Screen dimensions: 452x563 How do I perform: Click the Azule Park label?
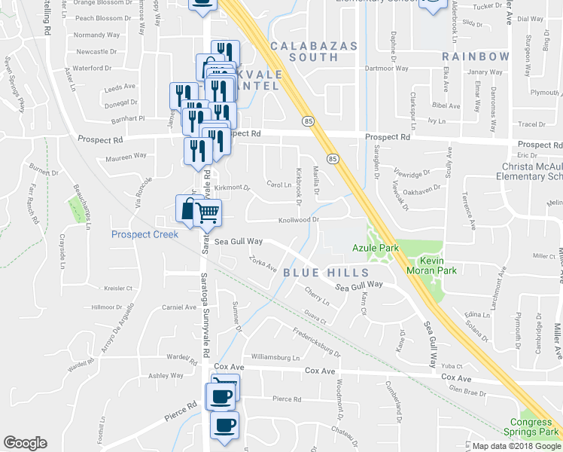373,247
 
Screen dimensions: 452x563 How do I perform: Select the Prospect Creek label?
145,234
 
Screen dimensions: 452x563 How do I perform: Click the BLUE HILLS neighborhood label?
326,272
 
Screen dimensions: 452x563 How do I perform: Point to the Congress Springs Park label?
531,427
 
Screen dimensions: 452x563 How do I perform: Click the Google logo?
25,443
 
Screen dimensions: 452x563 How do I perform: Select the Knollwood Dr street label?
301,220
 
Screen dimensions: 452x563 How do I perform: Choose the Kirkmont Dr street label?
231,187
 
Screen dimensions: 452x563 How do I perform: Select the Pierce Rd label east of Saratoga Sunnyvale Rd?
287,399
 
